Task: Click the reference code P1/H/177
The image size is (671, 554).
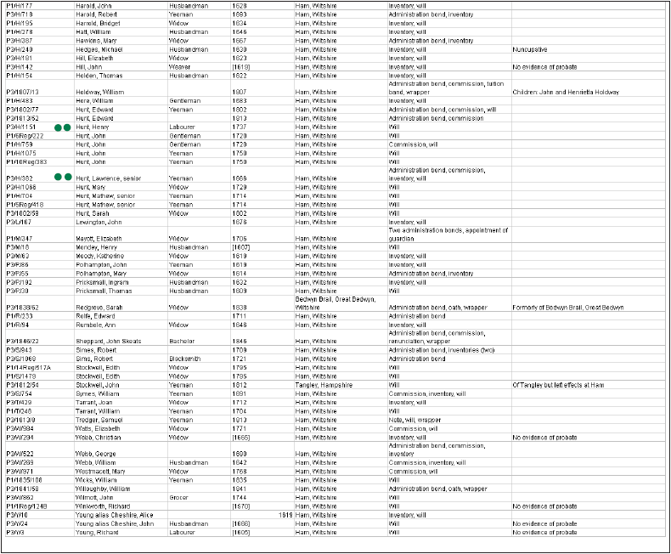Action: click(x=19, y=5)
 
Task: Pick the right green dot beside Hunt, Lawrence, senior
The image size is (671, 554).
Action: click(x=67, y=177)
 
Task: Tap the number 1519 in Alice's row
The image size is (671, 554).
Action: click(x=286, y=514)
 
